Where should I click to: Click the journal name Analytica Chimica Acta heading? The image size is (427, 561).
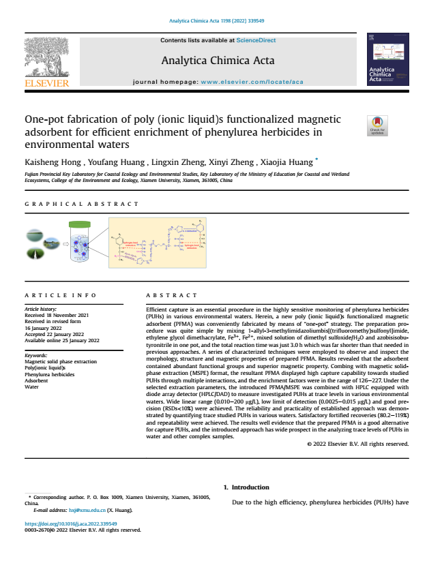click(218, 61)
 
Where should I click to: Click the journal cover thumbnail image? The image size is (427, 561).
click(386, 61)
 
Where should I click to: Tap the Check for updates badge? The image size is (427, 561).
click(377, 125)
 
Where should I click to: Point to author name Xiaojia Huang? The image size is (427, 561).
click(286, 162)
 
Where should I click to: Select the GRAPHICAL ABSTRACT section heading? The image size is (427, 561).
click(81, 204)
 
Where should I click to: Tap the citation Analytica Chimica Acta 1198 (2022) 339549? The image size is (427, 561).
click(213, 20)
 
